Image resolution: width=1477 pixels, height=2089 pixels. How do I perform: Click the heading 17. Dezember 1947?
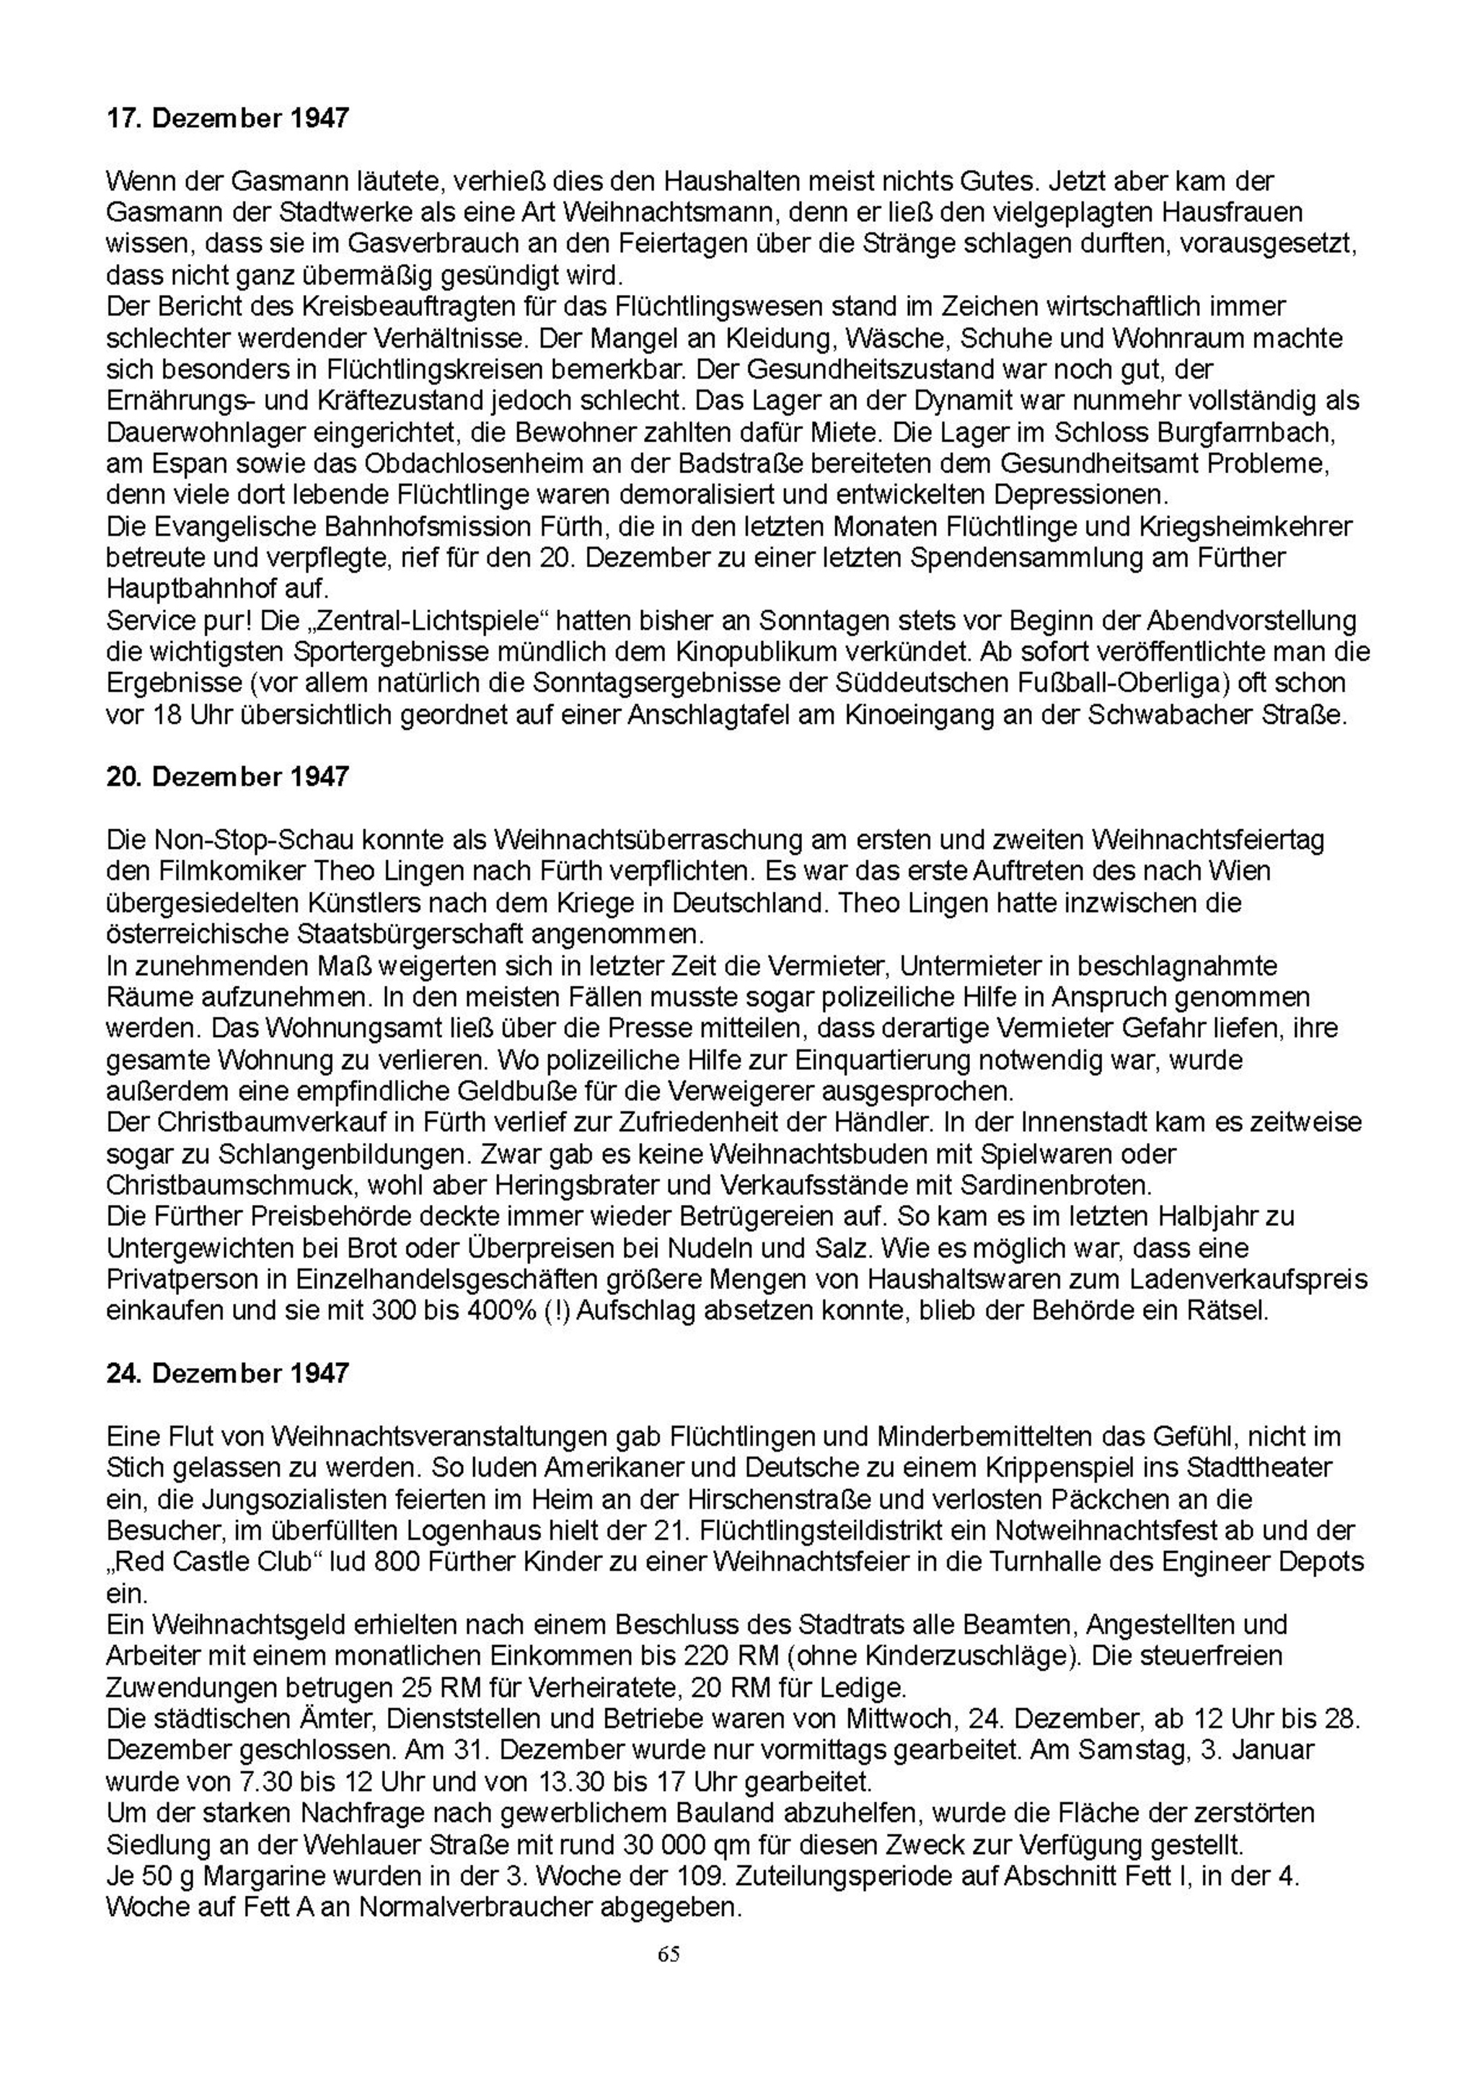tap(227, 118)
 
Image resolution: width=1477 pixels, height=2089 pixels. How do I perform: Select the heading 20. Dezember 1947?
tap(227, 777)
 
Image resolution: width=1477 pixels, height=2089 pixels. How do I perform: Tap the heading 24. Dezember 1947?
tap(227, 1373)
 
